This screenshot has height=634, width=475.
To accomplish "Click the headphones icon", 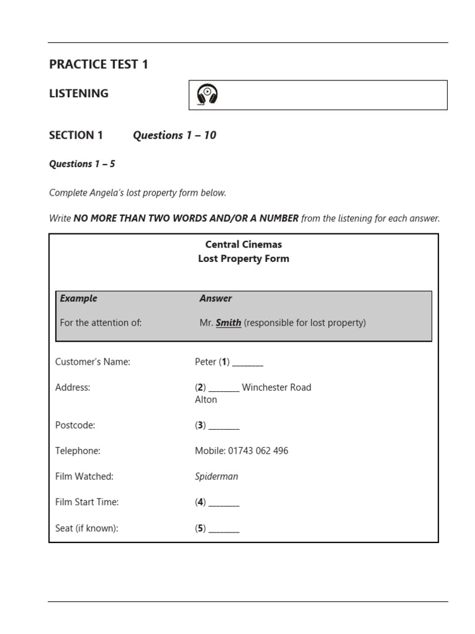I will (x=208, y=95).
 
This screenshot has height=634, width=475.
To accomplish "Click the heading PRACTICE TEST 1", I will (x=98, y=64).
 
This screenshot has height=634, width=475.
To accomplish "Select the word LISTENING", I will (x=79, y=93).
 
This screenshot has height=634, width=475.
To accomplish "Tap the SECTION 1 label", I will (x=76, y=135).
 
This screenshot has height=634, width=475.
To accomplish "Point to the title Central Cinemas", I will (x=243, y=245).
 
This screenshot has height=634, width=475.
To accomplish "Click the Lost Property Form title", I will (x=243, y=259).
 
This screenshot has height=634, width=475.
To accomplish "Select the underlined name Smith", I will (x=228, y=323).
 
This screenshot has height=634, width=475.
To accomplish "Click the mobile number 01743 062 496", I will (x=258, y=451).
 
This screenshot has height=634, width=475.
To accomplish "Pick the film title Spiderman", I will (x=216, y=477).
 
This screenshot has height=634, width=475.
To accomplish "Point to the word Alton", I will (x=206, y=400).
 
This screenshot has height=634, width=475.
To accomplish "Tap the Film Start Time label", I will (x=87, y=502).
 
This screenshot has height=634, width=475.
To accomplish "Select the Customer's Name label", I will (x=93, y=362).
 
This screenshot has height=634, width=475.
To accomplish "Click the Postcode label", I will (x=75, y=425).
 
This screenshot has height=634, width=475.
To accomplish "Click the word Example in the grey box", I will (x=79, y=298).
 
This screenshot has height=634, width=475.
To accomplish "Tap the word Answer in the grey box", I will (x=215, y=298).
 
